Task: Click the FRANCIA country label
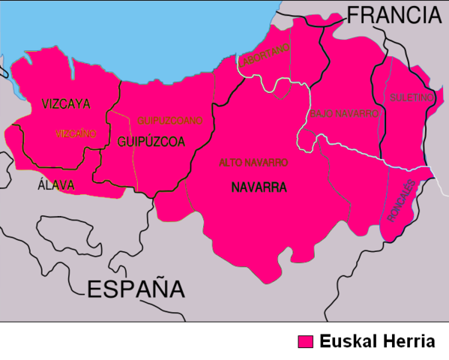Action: pyautogui.click(x=392, y=14)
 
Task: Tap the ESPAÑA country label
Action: pyautogui.click(x=136, y=289)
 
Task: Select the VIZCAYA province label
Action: pyautogui.click(x=66, y=103)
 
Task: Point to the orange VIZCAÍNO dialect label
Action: pyautogui.click(x=76, y=133)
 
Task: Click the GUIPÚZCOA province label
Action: pyautogui.click(x=151, y=140)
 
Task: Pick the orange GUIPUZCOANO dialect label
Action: pyautogui.click(x=170, y=120)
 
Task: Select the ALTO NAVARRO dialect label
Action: pyautogui.click(x=253, y=162)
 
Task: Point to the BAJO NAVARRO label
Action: pyautogui.click(x=345, y=114)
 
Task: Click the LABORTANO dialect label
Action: pyautogui.click(x=264, y=58)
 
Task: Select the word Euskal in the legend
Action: pyautogui.click(x=346, y=341)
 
